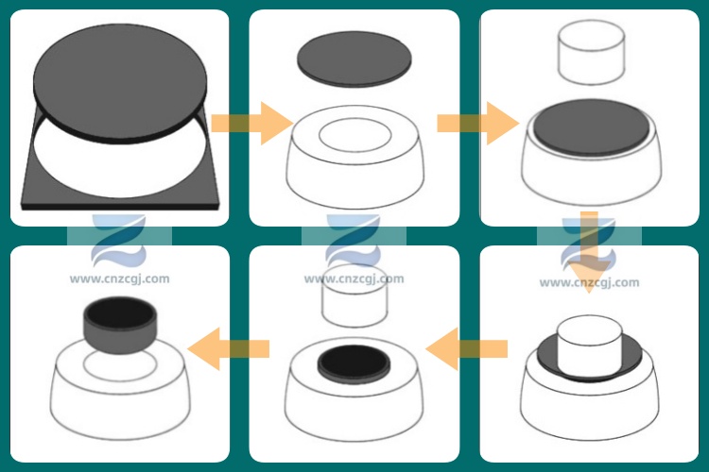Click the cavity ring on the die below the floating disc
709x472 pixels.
pos(354,136)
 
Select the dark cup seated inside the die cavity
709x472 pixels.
pos(354,362)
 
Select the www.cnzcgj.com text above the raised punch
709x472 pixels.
pos(354,278)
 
